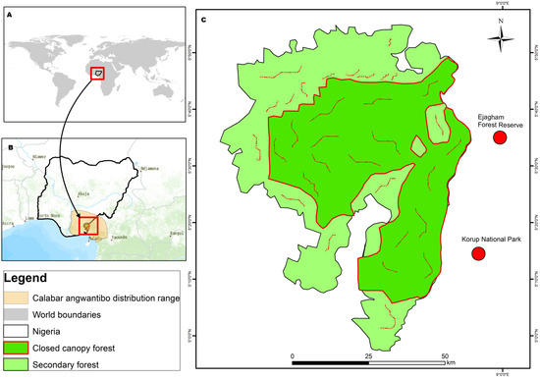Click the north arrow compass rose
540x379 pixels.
pyautogui.click(x=500, y=38)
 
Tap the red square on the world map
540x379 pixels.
pyautogui.click(x=96, y=73)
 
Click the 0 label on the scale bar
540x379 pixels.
pyautogui.click(x=292, y=355)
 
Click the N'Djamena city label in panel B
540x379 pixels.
pyautogui.click(x=149, y=168)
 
